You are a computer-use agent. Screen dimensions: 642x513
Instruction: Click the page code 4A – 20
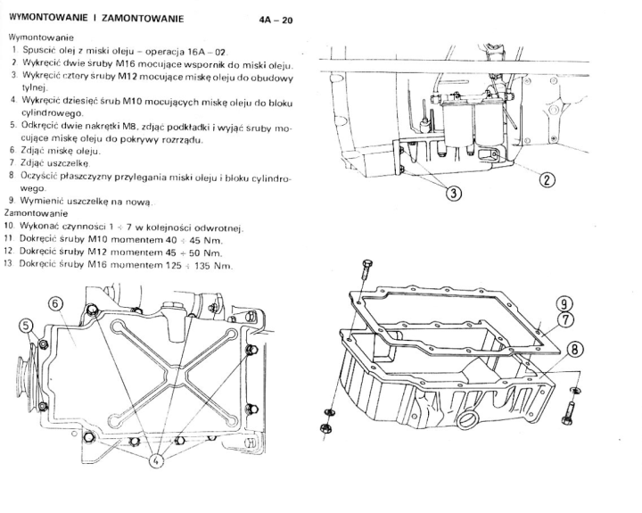(276, 20)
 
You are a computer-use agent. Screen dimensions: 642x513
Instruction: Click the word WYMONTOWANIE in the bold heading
(48, 18)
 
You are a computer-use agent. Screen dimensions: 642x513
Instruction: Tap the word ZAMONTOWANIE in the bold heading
(142, 19)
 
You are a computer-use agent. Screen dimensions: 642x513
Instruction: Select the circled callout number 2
(547, 179)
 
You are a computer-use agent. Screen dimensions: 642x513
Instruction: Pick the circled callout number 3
(453, 193)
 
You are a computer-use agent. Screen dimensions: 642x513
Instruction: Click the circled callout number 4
(155, 460)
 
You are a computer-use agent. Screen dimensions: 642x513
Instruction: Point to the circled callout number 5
(26, 327)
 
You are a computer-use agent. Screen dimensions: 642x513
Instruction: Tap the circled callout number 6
(56, 304)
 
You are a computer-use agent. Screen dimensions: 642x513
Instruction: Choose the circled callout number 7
(566, 319)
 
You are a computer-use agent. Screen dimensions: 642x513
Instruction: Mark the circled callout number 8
(575, 350)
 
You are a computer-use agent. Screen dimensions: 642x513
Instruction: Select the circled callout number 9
(564, 303)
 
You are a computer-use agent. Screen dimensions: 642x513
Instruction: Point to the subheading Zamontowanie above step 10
(36, 213)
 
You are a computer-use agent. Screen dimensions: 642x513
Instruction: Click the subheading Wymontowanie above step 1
(41, 37)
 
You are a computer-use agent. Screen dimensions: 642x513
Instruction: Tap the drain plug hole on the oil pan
(467, 420)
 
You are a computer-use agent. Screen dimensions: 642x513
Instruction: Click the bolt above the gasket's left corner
(366, 271)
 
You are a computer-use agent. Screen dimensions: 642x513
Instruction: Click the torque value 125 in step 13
(173, 265)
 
